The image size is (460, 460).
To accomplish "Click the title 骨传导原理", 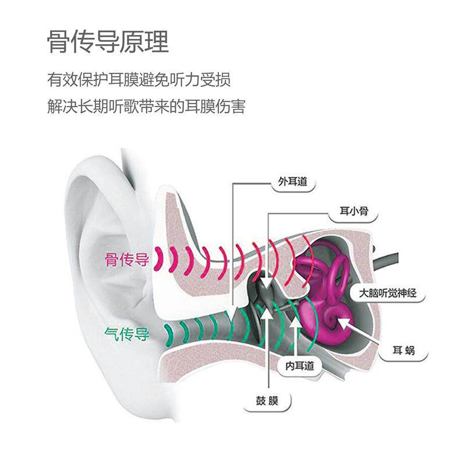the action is click(108, 42).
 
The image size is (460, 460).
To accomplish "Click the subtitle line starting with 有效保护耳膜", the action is click(139, 79).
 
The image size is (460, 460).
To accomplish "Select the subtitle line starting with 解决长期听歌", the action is click(146, 106).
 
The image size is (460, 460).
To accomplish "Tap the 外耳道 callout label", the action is click(292, 182).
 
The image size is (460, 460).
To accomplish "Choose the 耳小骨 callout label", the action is click(354, 211).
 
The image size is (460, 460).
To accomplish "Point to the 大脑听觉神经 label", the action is click(388, 293).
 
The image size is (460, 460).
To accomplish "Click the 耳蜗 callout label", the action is click(404, 351).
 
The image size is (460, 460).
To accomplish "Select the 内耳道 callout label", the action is click(300, 366).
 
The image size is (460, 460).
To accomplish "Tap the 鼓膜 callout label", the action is click(267, 401).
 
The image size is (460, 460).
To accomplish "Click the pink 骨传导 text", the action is click(127, 260).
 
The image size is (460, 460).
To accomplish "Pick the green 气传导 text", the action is click(127, 334).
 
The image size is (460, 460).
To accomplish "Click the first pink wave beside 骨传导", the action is click(160, 258).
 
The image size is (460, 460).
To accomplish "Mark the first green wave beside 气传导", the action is click(169, 334).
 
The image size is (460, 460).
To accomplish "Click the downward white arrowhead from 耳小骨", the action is click(267, 284).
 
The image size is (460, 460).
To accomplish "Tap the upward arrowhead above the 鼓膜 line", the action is click(267, 312).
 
